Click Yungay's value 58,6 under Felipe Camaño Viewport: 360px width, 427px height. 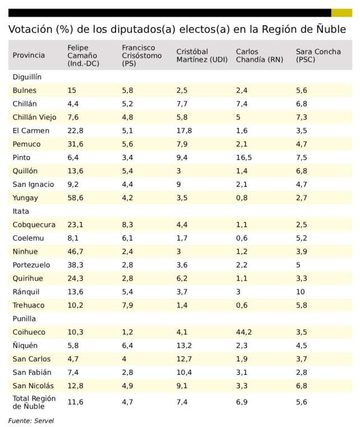[75, 198]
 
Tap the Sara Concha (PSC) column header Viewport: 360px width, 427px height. [318, 55]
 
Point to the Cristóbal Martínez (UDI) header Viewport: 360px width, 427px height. [202, 55]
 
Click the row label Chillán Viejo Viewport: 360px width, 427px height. [34, 117]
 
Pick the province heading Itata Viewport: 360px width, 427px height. [21, 211]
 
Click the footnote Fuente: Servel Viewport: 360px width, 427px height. [31, 420]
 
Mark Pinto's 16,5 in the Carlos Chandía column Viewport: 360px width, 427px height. [244, 157]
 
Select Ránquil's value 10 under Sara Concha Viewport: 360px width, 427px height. [301, 292]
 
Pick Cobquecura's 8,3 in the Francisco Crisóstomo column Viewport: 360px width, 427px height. [128, 224]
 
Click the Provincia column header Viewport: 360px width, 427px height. [29, 55]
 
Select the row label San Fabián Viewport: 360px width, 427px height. [32, 373]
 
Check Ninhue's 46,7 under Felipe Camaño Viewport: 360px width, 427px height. [75, 251]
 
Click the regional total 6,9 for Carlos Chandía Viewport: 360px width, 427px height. [242, 402]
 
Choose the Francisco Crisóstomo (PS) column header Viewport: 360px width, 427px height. [142, 55]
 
